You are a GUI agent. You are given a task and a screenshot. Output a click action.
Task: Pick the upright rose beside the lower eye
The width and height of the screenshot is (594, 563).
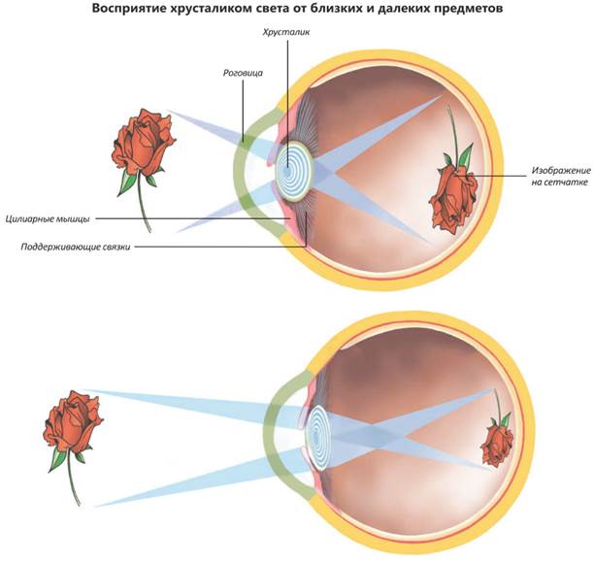point(74,428)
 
